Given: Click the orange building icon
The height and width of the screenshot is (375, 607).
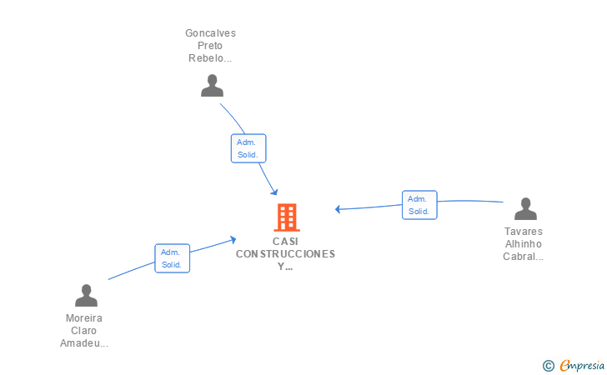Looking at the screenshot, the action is coord(287,217).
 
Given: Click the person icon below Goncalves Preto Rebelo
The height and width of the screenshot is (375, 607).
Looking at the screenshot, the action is coord(212,86).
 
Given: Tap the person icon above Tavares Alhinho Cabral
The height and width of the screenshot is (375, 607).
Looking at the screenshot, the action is coord(525,208).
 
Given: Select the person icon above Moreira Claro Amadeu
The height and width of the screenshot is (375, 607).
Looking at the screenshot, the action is coord(87,295).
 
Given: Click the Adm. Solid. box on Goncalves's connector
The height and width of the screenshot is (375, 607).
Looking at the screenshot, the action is coord(248,148).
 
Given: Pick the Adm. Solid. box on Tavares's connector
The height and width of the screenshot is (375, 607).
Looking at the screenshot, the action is coord(419,205).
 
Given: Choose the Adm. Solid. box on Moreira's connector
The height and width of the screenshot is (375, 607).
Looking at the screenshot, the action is coord(173,258).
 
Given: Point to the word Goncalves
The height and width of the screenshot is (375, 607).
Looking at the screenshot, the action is coord(210,33).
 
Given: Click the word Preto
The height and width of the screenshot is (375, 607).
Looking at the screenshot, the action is coord(210,46).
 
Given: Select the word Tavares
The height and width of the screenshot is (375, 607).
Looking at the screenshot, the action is coord(524,232).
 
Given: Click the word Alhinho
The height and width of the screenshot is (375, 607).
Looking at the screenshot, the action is coord(524,244).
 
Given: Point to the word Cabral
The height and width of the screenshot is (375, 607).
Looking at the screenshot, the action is coord(519,257).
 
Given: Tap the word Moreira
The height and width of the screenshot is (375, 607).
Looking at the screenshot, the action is coord(84,318).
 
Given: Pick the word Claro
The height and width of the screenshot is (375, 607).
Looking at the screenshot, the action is coord(83,331).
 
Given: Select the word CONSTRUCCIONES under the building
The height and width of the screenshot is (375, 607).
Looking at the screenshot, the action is coord(286,254).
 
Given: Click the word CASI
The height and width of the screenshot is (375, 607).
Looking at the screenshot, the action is coord(285,242).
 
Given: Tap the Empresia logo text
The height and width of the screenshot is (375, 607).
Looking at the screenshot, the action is coord(582,365).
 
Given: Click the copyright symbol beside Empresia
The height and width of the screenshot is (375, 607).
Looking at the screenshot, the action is coord(549,366).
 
